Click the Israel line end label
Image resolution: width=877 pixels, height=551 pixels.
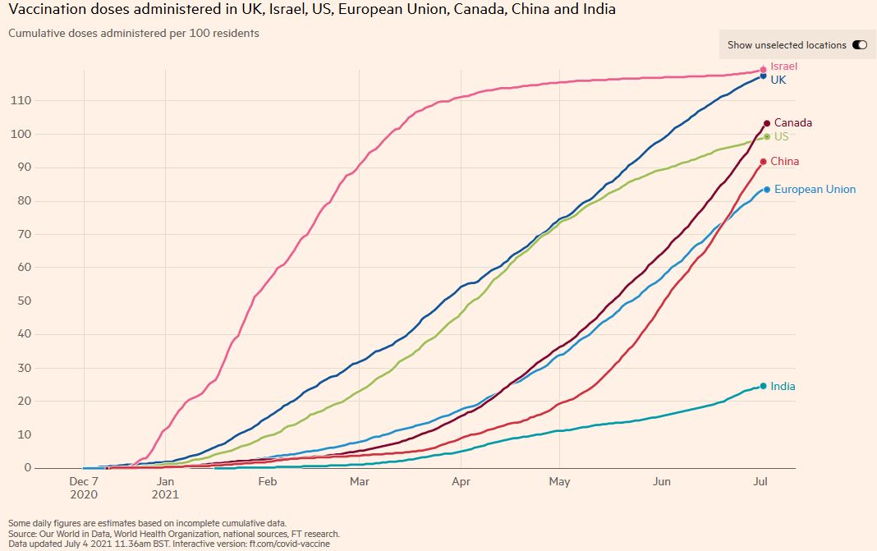click(x=783, y=67)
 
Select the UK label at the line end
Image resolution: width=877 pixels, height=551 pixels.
click(x=778, y=80)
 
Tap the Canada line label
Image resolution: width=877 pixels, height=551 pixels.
click(x=792, y=123)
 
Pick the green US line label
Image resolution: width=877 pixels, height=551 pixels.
click(x=781, y=136)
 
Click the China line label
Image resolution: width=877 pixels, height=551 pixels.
click(x=784, y=162)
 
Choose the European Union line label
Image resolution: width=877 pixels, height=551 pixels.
click(x=815, y=190)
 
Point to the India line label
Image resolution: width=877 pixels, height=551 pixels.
click(x=783, y=387)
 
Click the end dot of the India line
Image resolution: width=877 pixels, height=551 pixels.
click(x=763, y=386)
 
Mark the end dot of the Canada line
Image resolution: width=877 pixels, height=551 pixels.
click(x=767, y=123)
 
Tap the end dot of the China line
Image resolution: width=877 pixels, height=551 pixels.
click(x=763, y=162)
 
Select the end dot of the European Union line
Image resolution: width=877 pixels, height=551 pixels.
click(x=767, y=190)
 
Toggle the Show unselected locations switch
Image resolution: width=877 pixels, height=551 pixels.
click(x=859, y=45)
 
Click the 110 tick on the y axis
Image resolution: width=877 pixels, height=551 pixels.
click(x=20, y=101)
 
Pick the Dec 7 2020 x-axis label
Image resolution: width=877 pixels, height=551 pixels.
click(x=84, y=488)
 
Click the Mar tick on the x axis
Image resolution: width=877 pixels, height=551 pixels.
click(x=358, y=481)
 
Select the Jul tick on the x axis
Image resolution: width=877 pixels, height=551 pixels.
click(x=761, y=481)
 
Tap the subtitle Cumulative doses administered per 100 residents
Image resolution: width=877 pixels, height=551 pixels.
click(x=134, y=34)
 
